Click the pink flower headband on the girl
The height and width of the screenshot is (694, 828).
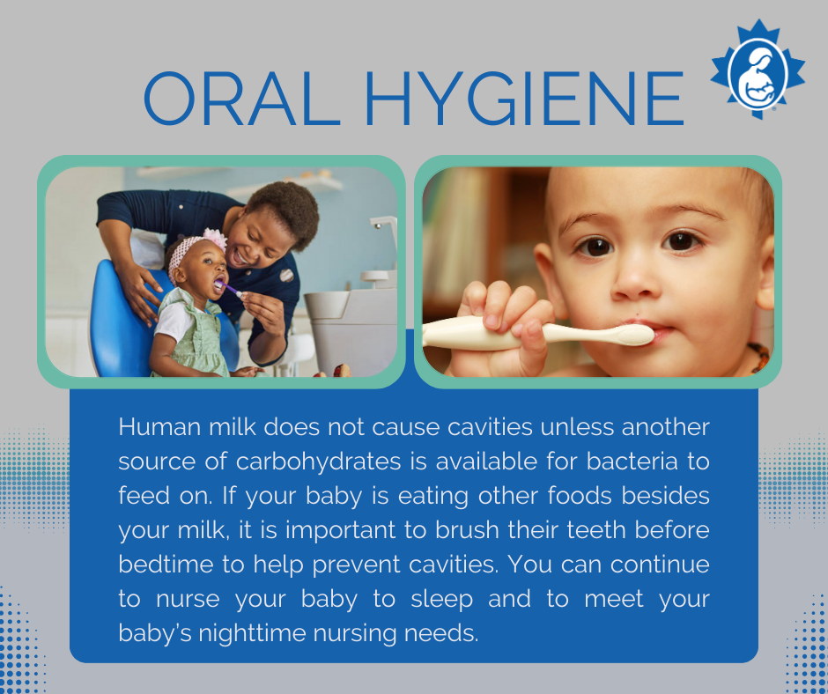pyautogui.click(x=213, y=239)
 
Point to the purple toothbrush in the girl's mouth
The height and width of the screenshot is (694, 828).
pyautogui.click(x=231, y=289)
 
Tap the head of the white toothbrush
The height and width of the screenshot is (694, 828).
pyautogui.click(x=630, y=335)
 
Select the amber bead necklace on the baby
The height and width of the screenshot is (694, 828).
pyautogui.click(x=759, y=357)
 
